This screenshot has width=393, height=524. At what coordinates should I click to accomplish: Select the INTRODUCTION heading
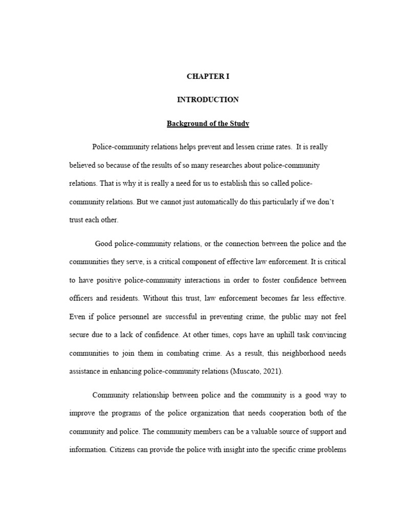tap(208, 100)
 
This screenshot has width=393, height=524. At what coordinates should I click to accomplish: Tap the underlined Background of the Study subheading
tap(208, 123)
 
